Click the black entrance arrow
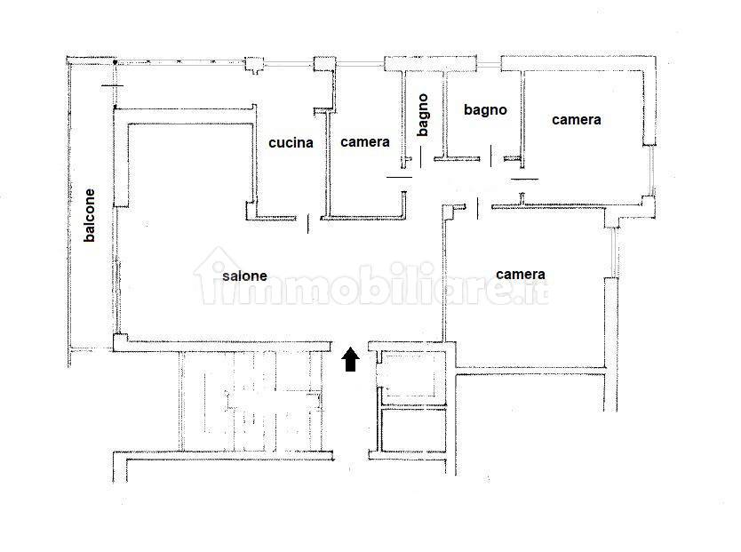tap(350, 359)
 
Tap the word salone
tap(245, 276)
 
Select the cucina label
tap(291, 142)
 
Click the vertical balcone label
tap(90, 215)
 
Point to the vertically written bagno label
tap(423, 115)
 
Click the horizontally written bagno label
tap(485, 110)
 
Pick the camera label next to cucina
tap(365, 142)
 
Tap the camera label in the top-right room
tap(577, 120)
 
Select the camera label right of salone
tap(521, 274)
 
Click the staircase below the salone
tap(251, 401)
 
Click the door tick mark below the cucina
tap(308, 223)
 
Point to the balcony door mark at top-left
tap(113, 85)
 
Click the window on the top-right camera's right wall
tap(652, 170)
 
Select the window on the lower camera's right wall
tap(613, 252)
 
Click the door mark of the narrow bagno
tap(420, 156)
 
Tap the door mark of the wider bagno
tap(491, 156)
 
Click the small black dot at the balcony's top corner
tap(115, 62)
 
